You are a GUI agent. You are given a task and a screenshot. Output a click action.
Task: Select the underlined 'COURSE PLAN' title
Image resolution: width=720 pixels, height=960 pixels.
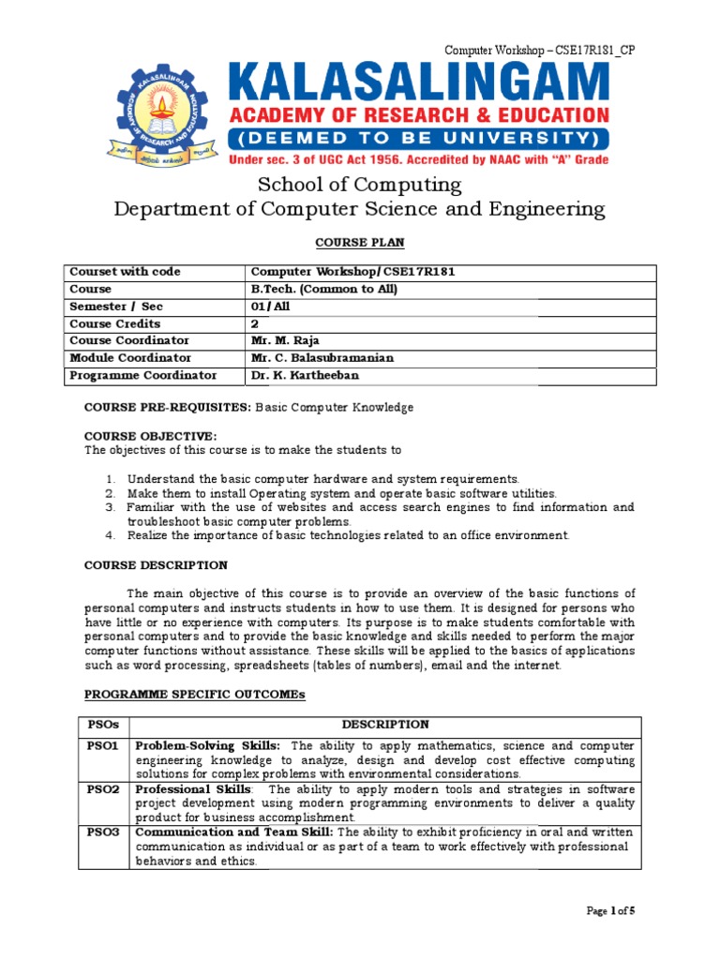(x=360, y=243)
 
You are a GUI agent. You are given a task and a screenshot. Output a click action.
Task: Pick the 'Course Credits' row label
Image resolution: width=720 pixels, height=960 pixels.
(x=115, y=323)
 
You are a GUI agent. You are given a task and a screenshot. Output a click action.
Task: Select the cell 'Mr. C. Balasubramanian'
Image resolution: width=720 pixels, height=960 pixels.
(x=321, y=358)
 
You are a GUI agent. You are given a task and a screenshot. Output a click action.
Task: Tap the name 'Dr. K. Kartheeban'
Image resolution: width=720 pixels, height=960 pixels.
(x=306, y=375)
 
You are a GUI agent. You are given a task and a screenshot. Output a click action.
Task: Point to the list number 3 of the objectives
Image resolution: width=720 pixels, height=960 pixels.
(x=110, y=507)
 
